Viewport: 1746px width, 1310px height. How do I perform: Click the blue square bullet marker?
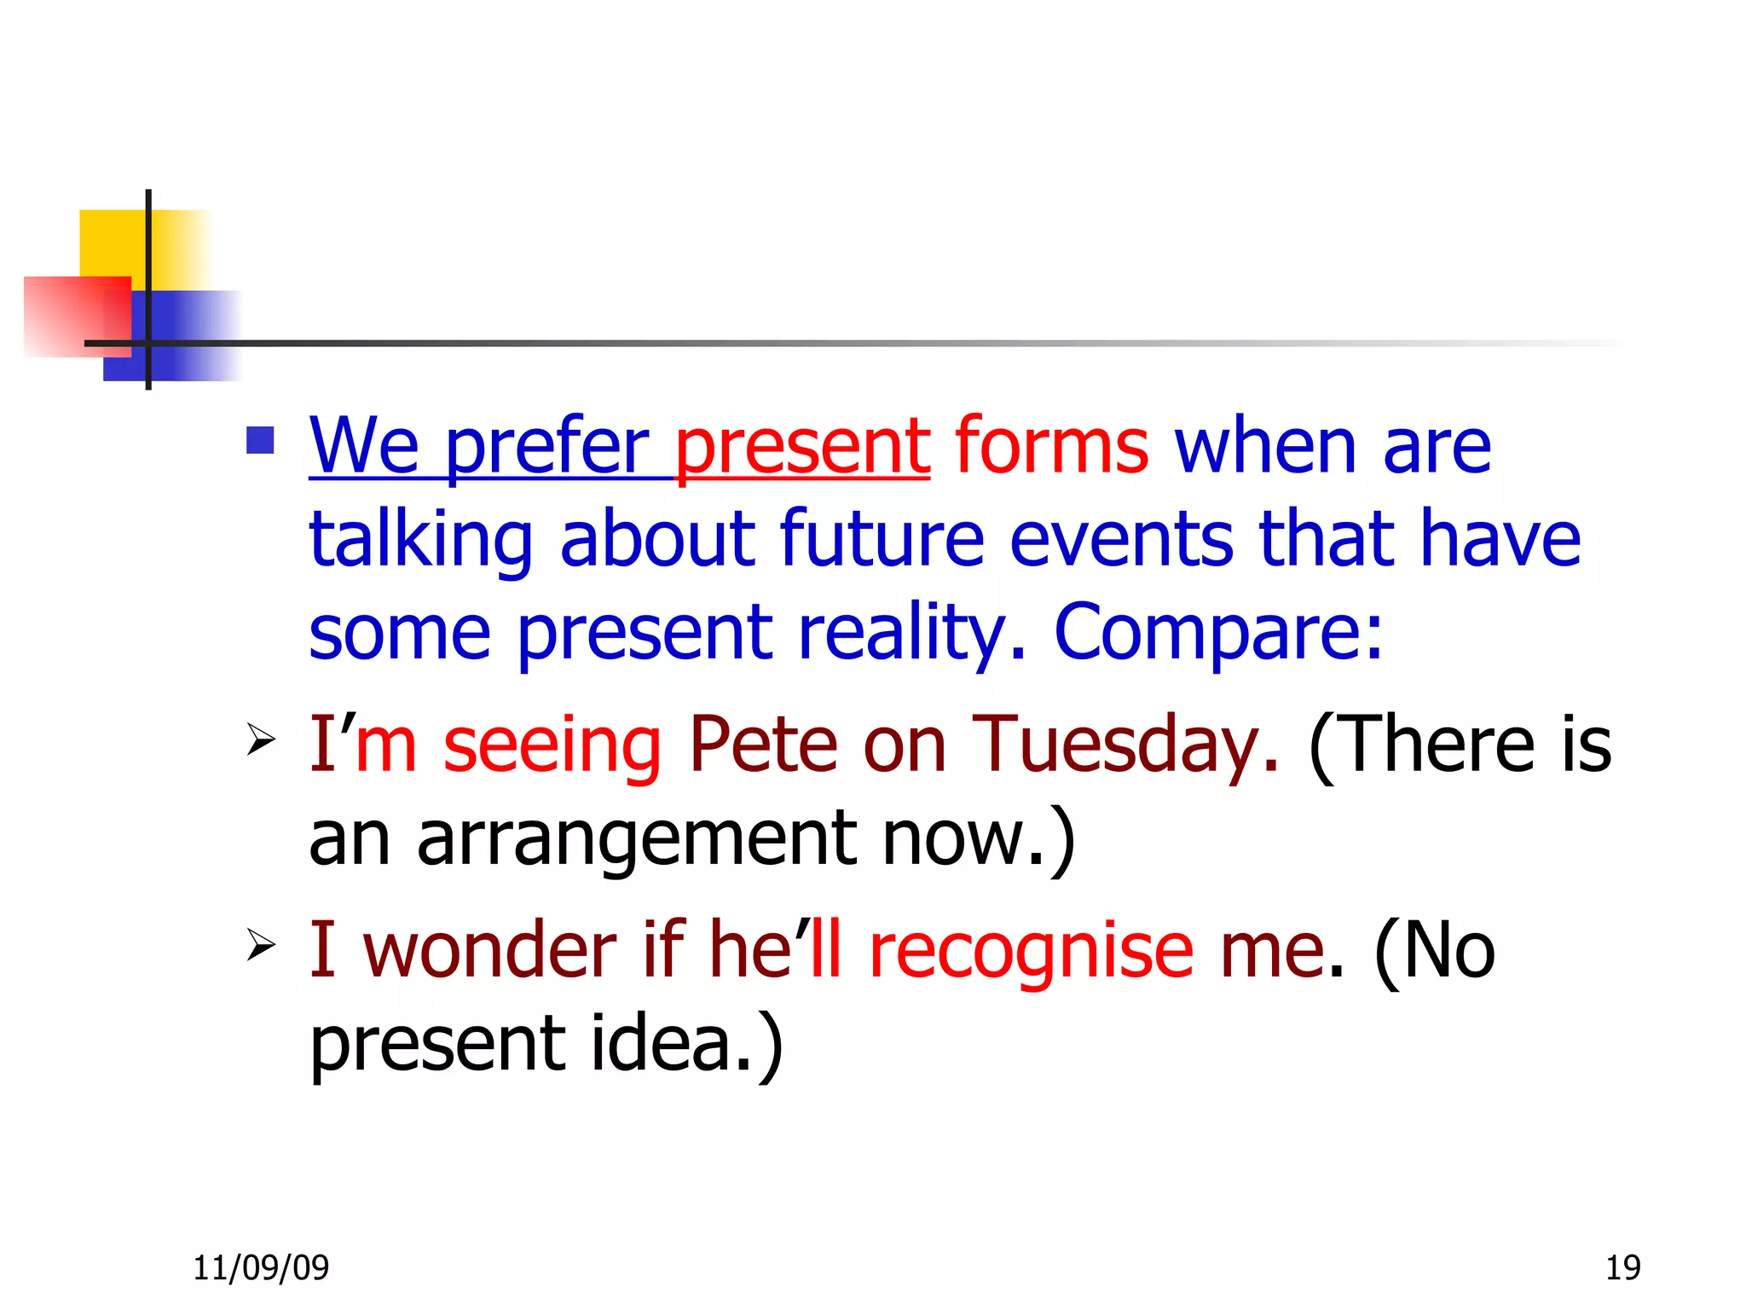[260, 440]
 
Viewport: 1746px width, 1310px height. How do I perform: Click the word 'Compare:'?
[1218, 633]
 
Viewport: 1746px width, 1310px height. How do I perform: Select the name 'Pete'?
[763, 745]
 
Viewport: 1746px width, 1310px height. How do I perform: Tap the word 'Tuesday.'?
[1125, 745]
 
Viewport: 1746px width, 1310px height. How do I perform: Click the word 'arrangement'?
[636, 838]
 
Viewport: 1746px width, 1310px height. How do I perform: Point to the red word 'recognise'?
[1031, 950]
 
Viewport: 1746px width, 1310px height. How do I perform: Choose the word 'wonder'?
[489, 950]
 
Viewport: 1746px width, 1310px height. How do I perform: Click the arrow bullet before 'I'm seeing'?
[260, 739]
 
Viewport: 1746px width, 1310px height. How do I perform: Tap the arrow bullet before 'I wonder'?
[260, 945]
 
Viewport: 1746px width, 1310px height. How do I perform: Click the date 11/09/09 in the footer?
[261, 1268]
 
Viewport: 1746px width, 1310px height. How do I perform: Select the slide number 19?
[1622, 1268]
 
